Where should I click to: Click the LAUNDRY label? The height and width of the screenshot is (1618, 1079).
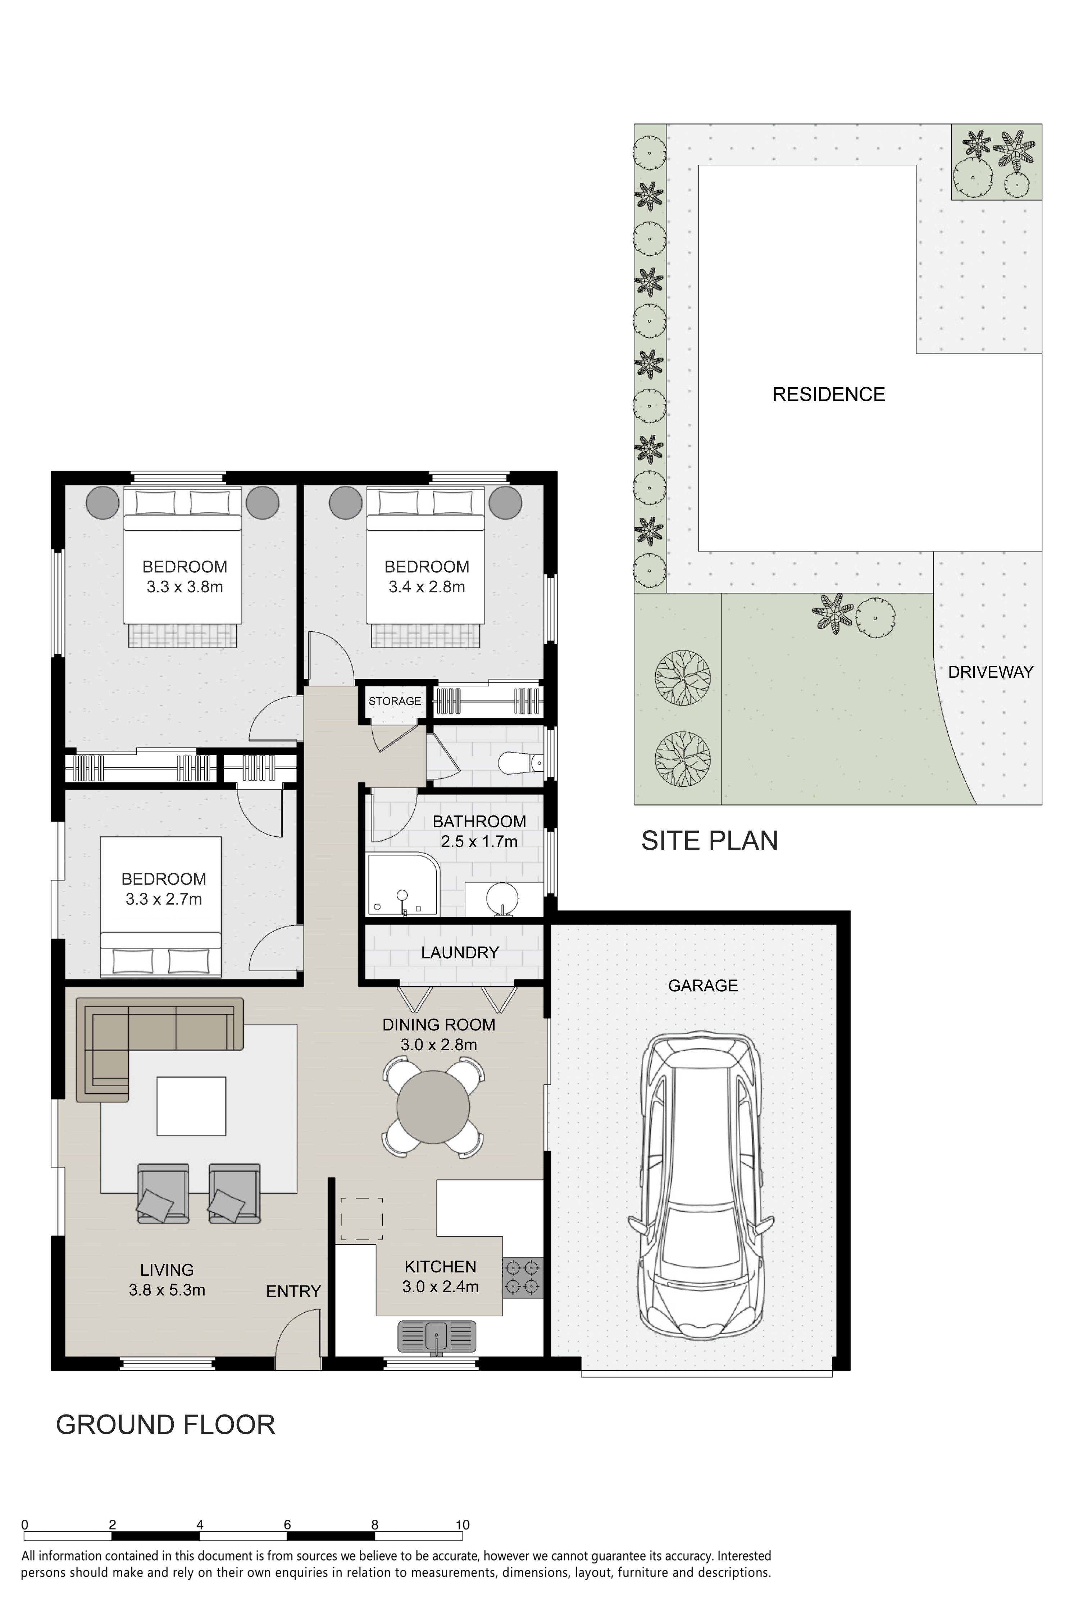(x=460, y=953)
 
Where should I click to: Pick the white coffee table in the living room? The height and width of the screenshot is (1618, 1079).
(x=191, y=1106)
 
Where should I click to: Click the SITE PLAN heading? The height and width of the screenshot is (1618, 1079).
(x=710, y=841)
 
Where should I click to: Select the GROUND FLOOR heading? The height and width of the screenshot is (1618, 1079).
(x=165, y=1425)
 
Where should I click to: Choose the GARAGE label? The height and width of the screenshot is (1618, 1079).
(x=702, y=986)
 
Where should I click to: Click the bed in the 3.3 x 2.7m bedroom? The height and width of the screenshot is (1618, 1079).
(x=161, y=907)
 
